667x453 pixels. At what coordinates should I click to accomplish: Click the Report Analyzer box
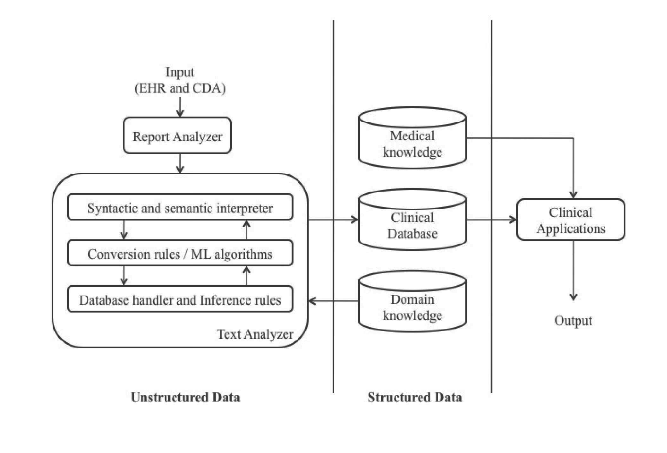point(177,136)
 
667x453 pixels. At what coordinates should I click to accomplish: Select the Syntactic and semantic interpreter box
point(180,207)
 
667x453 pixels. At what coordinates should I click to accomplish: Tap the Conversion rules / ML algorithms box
point(180,253)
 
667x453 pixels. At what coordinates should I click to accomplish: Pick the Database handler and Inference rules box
point(180,299)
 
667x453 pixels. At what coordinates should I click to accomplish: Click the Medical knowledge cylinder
point(412,138)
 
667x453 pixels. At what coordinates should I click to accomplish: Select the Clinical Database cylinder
point(412,220)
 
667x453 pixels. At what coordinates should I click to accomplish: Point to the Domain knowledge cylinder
point(412,301)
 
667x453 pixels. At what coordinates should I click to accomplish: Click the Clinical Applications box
point(571,220)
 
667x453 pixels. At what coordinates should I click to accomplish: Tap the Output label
point(573,321)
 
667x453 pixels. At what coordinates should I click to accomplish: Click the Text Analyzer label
point(255,334)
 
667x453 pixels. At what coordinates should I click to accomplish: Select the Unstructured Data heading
point(185,397)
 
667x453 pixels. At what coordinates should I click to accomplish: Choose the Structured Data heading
point(415,397)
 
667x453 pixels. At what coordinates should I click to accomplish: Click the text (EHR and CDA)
point(180,88)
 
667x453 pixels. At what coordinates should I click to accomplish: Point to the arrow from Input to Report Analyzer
point(180,107)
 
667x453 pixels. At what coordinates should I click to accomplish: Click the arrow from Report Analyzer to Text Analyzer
point(180,163)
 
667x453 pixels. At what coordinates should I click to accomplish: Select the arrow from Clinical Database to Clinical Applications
point(491,220)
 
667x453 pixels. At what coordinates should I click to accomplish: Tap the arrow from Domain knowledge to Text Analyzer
point(333,301)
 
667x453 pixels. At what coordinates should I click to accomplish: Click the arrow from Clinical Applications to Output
point(573,271)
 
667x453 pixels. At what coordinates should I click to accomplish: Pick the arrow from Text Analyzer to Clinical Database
point(333,220)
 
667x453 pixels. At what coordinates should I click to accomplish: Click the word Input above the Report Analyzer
point(180,72)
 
